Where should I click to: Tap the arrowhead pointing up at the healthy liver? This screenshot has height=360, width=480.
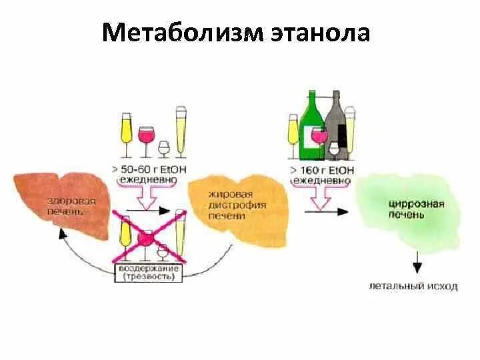[61, 234]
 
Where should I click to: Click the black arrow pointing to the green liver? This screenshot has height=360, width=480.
[327, 211]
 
